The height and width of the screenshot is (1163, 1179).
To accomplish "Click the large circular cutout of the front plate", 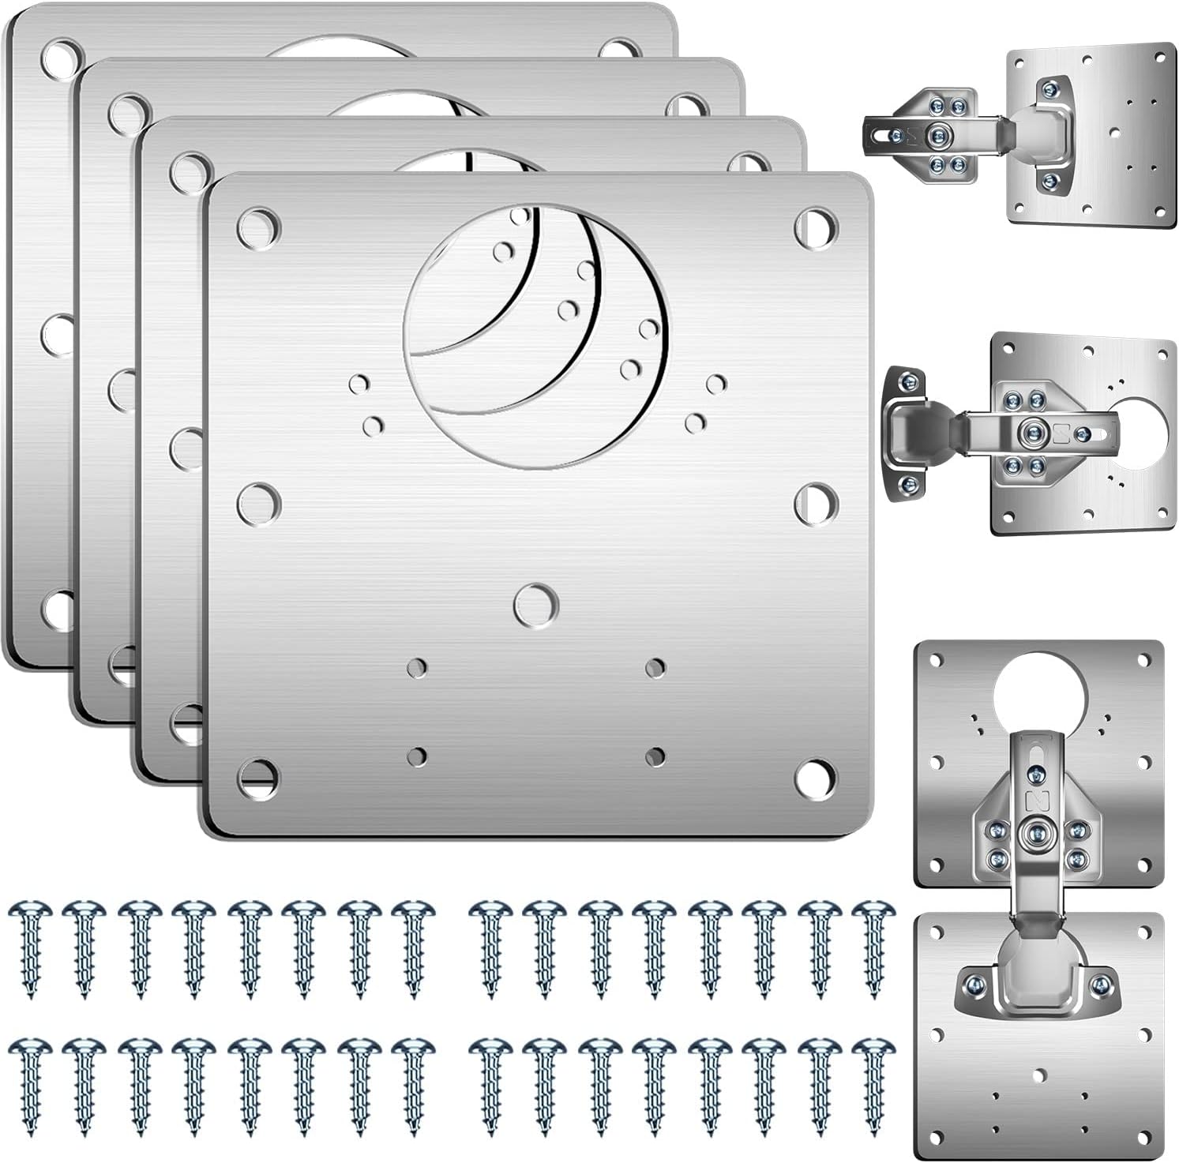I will pos(536,335).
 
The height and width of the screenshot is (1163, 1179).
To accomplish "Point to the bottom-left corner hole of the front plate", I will pos(258,778).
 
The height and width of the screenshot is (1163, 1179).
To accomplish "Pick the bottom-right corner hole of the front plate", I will pos(816,778).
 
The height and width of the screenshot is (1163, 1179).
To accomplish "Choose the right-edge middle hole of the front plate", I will pos(816,505).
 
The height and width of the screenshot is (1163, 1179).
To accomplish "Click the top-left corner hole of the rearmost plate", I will pos(62,58).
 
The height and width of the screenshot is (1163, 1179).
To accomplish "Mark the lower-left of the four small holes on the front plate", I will pos(417,756).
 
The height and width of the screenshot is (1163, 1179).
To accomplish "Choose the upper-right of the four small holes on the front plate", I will pos(655,668).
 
